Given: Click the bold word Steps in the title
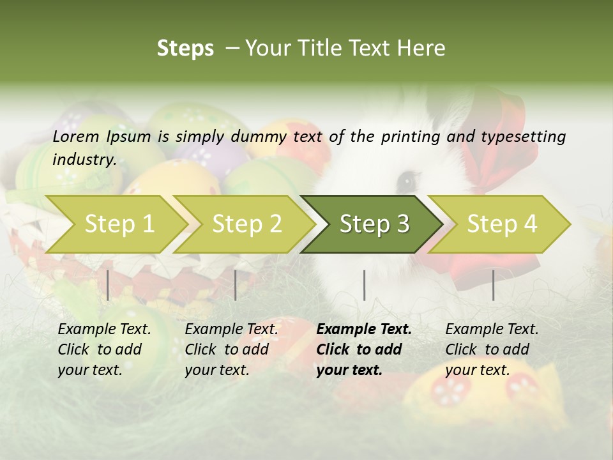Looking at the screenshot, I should [185, 49].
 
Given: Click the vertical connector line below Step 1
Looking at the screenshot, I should [108, 285].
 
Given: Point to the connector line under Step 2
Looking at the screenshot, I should [236, 285].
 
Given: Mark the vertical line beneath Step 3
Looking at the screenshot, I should [364, 285].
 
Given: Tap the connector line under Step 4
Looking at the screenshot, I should [493, 285].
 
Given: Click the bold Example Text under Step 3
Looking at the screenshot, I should [364, 330].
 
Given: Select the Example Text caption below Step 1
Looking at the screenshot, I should [104, 330].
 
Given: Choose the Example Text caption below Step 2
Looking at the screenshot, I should [231, 330].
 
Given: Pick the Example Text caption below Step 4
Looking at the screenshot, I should [492, 330].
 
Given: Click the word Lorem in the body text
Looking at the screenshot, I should [76, 136].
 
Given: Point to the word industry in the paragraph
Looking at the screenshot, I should [84, 159].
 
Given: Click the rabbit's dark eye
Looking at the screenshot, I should [406, 181].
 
